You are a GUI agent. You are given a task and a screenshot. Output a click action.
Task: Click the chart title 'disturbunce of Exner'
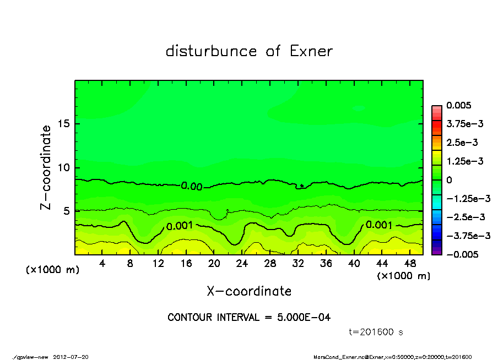click(249, 52)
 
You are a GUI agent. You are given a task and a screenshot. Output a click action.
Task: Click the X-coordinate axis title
click(249, 291)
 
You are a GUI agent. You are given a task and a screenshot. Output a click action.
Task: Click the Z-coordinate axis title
click(46, 167)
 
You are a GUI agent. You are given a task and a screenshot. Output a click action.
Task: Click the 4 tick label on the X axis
click(102, 264)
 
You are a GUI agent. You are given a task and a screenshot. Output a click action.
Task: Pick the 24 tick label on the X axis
click(242, 264)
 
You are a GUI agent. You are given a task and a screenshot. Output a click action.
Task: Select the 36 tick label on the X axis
click(326, 264)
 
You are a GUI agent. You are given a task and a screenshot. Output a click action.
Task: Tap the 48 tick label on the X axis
click(410, 264)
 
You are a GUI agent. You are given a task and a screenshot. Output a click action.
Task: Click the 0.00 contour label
click(192, 187)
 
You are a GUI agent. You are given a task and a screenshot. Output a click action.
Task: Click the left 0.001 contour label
click(179, 226)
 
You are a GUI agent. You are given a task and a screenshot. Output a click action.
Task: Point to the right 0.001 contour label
click(379, 225)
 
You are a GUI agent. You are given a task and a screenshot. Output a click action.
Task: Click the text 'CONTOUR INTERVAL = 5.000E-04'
click(249, 318)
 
